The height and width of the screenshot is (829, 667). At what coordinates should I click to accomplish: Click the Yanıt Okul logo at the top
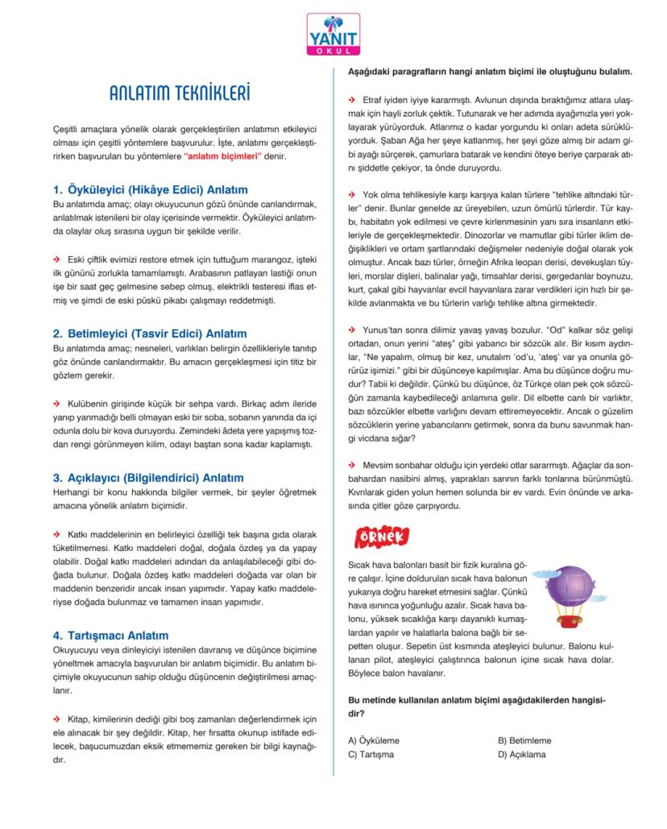coord(333,35)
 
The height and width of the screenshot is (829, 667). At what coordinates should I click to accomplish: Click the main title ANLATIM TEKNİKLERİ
coord(180,93)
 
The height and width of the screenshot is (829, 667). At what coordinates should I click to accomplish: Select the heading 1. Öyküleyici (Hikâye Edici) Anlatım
coord(150,189)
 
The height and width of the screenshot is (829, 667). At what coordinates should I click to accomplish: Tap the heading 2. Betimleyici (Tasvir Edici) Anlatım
coord(150,334)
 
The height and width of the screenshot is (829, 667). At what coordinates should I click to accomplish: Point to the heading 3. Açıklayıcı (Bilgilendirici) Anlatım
coord(147,478)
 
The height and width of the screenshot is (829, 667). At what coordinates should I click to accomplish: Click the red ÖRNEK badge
coord(381,537)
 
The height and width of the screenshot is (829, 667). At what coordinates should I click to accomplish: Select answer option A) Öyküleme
coord(374,740)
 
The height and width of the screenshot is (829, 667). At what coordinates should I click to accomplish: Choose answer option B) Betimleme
coord(524,740)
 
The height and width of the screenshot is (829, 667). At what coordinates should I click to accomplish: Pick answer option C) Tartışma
coord(371,755)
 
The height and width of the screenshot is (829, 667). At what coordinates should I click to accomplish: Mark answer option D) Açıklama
coord(522,755)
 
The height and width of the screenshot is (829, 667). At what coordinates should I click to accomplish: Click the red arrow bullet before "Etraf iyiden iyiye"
coord(351,99)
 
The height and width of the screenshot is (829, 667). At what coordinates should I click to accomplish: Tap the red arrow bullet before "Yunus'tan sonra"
coord(351,330)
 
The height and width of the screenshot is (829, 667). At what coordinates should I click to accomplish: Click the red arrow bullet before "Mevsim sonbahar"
coord(351,466)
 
